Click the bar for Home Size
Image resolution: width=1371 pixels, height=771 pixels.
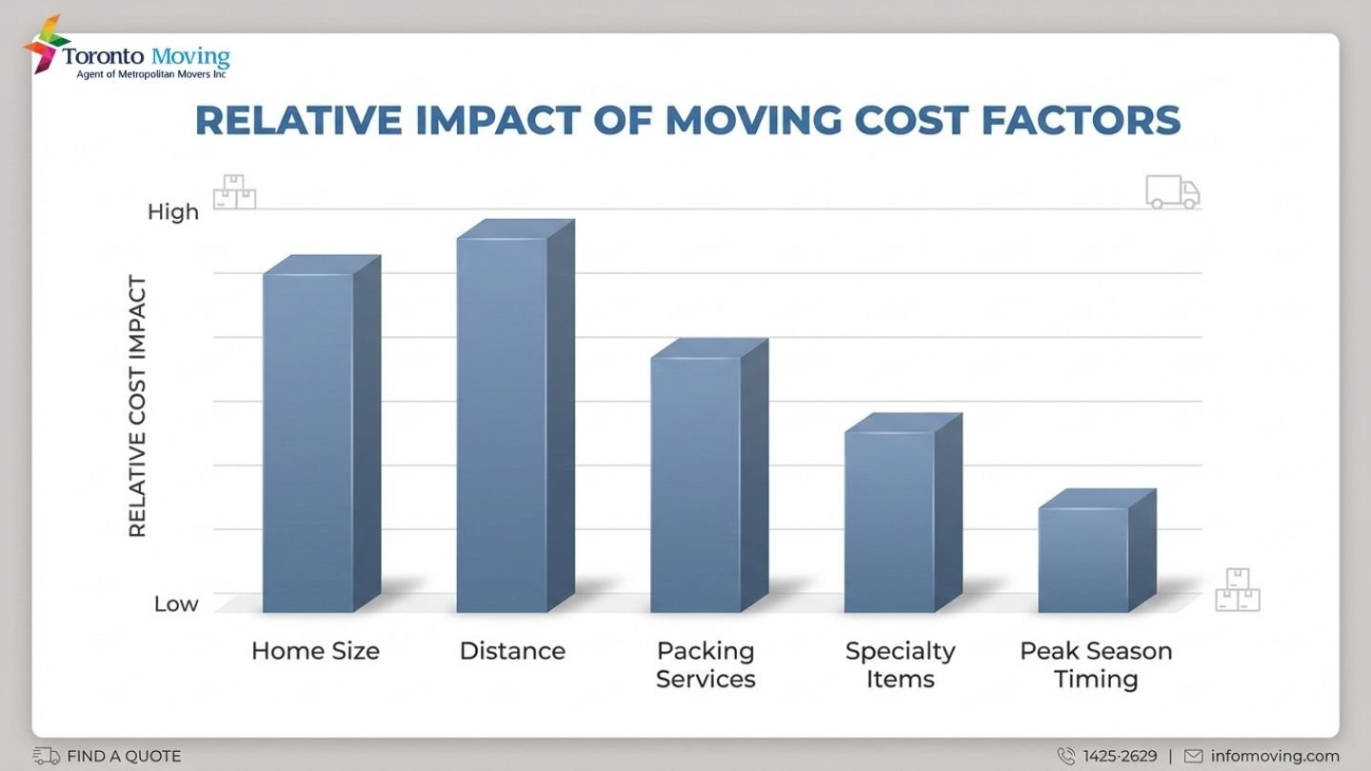308,443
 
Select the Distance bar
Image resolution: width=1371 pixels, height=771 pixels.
503,425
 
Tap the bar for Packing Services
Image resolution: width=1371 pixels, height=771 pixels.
696,484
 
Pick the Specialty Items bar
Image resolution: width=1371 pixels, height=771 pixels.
890,522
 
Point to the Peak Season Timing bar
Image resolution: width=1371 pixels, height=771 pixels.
1083,560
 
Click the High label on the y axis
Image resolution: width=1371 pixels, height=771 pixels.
172,212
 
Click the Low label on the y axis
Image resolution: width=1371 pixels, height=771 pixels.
176,603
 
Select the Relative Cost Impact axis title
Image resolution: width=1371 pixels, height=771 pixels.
138,406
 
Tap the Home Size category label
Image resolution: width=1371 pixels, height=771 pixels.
315,651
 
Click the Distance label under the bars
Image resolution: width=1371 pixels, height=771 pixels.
512,651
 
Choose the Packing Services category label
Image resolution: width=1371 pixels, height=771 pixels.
705,664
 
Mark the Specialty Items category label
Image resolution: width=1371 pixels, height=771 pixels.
900,664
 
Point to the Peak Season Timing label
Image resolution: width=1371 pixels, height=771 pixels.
1096,664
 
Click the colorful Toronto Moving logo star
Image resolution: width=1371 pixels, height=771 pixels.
45,44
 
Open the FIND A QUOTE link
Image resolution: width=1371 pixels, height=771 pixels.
123,757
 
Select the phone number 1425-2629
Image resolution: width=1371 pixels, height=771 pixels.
1120,757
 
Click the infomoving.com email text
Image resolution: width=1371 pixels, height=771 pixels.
1274,757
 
